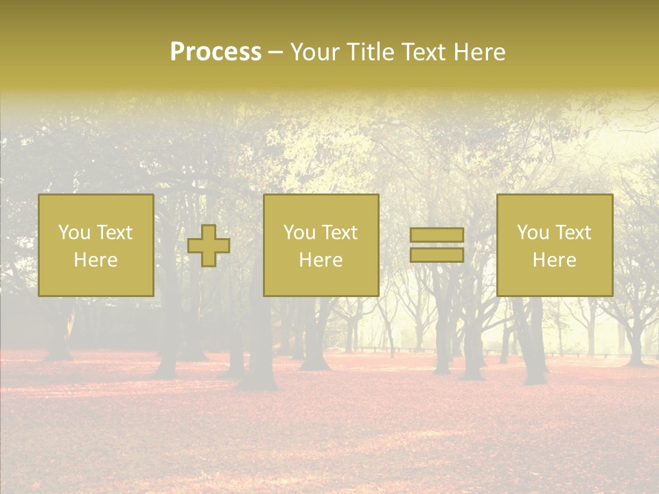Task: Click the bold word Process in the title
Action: [216, 52]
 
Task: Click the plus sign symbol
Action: [209, 246]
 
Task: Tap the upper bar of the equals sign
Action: [437, 235]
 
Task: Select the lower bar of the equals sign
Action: [437, 255]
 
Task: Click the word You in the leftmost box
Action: [73, 233]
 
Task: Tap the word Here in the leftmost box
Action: [95, 260]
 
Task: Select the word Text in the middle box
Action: [340, 233]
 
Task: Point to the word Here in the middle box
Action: [321, 260]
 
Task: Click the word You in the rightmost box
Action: [533, 233]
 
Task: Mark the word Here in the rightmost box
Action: [554, 260]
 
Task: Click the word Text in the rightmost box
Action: [573, 233]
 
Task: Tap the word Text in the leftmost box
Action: [115, 233]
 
